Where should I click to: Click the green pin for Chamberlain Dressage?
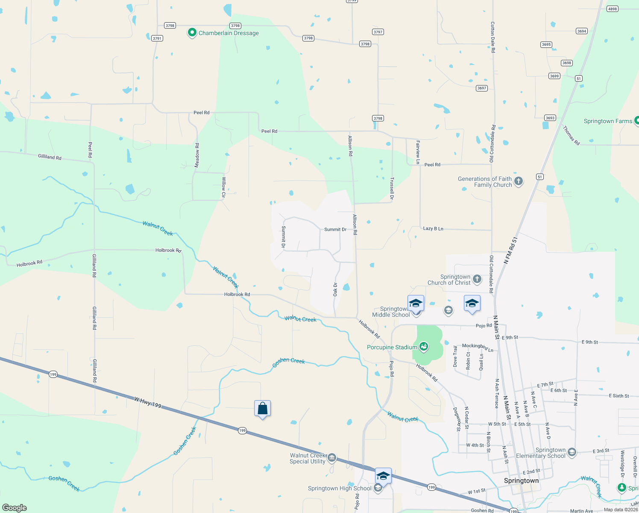(x=192, y=32)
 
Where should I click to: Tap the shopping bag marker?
(x=262, y=409)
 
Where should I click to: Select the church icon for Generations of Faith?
(x=519, y=182)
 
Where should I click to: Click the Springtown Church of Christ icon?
(x=477, y=280)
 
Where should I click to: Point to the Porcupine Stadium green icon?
(x=424, y=347)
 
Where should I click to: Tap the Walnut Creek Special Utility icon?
(x=332, y=458)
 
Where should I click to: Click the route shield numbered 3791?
(x=157, y=38)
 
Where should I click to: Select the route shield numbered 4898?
(x=613, y=9)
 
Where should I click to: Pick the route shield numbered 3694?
(x=582, y=31)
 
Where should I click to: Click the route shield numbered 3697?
(x=482, y=88)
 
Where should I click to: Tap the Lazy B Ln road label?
(x=433, y=229)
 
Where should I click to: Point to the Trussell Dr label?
(x=392, y=189)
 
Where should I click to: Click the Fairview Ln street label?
(x=418, y=152)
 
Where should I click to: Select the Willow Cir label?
(x=223, y=187)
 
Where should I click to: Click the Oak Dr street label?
(x=335, y=289)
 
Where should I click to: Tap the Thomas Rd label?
(x=571, y=136)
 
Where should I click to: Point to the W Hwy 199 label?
(x=148, y=402)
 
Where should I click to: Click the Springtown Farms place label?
(x=608, y=121)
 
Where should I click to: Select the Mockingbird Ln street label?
(x=478, y=348)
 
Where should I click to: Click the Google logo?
(x=15, y=508)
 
